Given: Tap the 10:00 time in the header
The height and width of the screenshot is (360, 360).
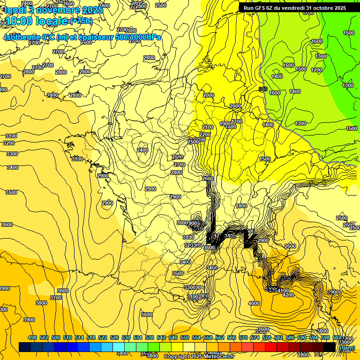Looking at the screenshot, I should pyautogui.click(x=20, y=21).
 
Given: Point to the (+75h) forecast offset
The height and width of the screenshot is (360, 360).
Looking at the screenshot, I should pyautogui.click(x=81, y=21).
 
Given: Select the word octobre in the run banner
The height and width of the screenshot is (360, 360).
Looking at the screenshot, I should pyautogui.click(x=321, y=8).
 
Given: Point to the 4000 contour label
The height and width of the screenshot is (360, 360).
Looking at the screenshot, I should pyautogui.click(x=254, y=303).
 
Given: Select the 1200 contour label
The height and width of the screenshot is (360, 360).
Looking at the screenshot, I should pyautogui.click(x=316, y=70).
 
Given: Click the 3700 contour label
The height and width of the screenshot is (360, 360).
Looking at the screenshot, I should pyautogui.click(x=56, y=298).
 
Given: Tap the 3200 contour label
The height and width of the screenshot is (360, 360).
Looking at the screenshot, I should pyautogui.click(x=9, y=143).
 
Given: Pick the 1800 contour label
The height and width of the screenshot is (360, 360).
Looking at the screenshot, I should pyautogui.click(x=241, y=206).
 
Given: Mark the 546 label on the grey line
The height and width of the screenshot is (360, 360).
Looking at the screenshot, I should pyautogui.click(x=263, y=89).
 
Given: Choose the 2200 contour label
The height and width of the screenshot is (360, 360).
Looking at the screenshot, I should pyautogui.click(x=205, y=135).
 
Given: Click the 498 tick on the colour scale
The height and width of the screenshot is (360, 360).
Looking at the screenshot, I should pyautogui.click(x=32, y=338).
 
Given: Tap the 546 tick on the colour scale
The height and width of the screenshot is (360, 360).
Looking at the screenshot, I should pyautogui.click(x=173, y=338).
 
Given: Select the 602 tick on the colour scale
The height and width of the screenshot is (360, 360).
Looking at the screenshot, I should pyautogui.click(x=337, y=338).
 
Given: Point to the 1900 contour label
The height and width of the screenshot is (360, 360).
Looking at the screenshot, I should pyautogui.click(x=225, y=124).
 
